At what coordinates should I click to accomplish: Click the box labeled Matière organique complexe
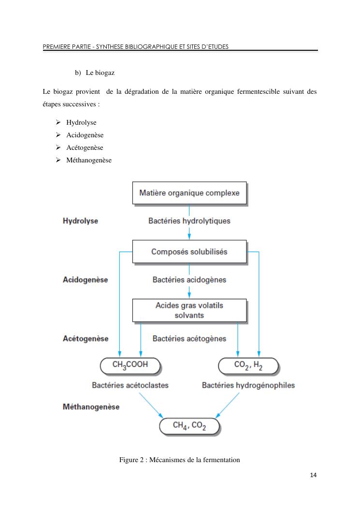click(x=189, y=193)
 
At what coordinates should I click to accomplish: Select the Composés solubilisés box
click(x=189, y=252)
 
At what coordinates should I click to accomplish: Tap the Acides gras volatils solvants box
click(x=189, y=310)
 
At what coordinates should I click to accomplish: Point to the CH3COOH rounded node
click(x=130, y=366)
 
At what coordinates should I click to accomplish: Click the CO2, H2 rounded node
click(x=248, y=366)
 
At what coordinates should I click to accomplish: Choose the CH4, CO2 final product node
click(x=189, y=426)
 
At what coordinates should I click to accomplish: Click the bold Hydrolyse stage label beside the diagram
click(x=81, y=221)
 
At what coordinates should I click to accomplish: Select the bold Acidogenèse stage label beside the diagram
click(x=86, y=280)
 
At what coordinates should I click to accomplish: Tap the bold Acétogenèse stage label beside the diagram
click(x=86, y=339)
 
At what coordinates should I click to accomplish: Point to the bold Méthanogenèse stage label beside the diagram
click(x=91, y=407)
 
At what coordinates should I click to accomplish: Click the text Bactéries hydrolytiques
click(x=189, y=221)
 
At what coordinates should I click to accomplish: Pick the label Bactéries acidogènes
click(x=189, y=280)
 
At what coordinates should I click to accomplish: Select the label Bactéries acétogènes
click(x=189, y=339)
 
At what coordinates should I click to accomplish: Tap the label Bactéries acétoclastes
click(x=130, y=386)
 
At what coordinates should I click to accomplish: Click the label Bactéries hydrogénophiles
click(x=248, y=386)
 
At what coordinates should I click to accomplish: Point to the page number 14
click(x=314, y=476)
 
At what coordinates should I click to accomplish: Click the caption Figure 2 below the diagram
click(x=180, y=460)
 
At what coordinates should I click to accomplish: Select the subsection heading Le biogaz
click(x=100, y=73)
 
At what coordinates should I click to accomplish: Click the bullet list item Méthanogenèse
click(x=89, y=160)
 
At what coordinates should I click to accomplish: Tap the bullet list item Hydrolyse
click(x=81, y=122)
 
